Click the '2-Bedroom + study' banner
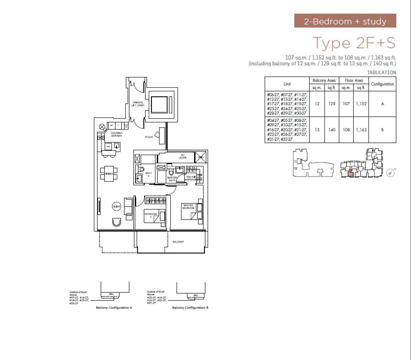point(345,21)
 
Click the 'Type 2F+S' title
point(354,43)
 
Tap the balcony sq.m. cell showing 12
point(317,104)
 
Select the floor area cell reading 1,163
point(361,130)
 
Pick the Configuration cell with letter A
point(382,104)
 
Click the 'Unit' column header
point(287,84)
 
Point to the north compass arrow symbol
point(390,173)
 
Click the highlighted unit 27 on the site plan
point(350,174)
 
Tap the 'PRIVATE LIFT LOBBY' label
point(138,104)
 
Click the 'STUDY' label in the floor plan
point(149,137)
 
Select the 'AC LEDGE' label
point(182,156)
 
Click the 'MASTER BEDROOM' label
point(188,207)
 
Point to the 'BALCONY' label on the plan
point(178,242)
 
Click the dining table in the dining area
point(109,174)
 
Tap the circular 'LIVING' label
point(117,206)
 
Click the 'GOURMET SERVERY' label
point(117,134)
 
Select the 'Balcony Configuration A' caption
point(114,308)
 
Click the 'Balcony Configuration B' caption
point(190,308)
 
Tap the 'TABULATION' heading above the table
point(381,72)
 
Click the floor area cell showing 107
point(346,104)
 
